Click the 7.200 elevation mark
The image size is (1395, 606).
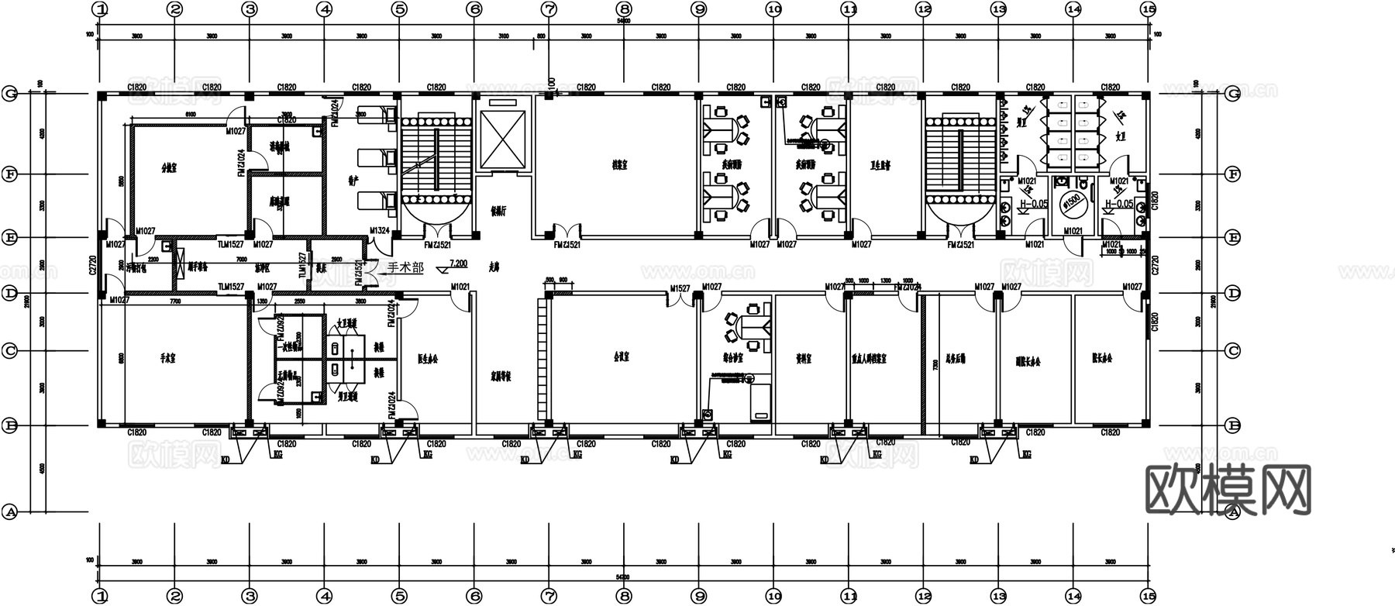(457, 264)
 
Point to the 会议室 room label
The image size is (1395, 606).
(621, 358)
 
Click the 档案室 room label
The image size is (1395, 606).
(619, 165)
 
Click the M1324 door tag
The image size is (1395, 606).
(380, 231)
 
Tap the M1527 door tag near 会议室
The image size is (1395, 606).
(680, 288)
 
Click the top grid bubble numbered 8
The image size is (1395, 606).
(624, 9)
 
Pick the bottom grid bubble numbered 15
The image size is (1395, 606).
(1148, 596)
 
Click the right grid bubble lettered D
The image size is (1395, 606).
(1234, 294)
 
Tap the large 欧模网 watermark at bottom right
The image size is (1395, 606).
(1228, 490)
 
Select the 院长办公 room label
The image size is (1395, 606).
(1101, 359)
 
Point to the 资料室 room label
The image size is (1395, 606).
(804, 360)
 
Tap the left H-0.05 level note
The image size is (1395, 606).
(1033, 205)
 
